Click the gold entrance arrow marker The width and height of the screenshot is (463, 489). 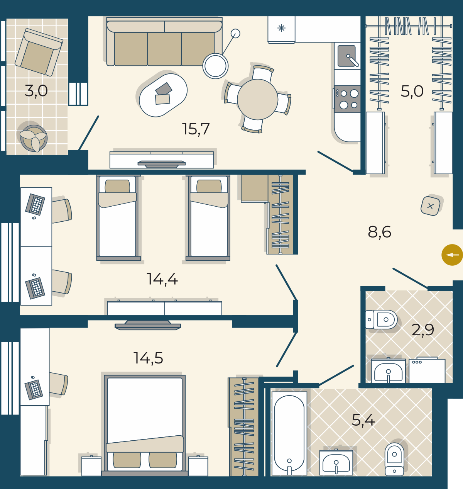pos(452,255)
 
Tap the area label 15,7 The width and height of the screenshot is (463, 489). pos(196,129)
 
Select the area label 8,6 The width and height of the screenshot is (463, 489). pos(379,232)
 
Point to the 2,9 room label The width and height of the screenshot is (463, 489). pos(423,330)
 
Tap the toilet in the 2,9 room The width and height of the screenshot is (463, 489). pos(381,319)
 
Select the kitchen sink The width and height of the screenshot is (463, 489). pos(347,56)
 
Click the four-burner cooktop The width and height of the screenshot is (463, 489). pos(347,99)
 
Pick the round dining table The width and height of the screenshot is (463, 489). pos(257,99)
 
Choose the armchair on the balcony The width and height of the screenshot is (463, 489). pos(39,52)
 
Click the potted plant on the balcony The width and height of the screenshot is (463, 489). pos(34,138)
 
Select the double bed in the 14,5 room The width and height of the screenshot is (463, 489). pos(145,425)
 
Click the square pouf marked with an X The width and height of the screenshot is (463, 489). pos(430,206)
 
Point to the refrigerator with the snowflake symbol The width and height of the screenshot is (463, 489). pos(281,30)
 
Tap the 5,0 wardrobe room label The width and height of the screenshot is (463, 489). pos(412,91)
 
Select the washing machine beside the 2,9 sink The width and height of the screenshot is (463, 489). pos(427,370)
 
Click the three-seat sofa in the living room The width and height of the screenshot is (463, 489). pos(164,42)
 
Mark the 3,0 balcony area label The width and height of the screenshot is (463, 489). pos(36,91)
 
